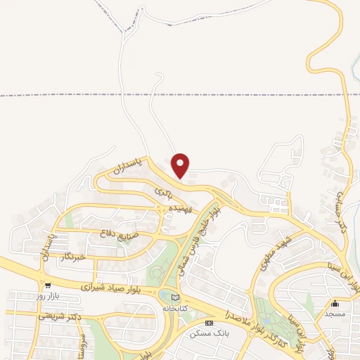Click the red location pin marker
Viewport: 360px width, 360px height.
[x=181, y=166]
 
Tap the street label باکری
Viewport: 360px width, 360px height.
[x=163, y=190]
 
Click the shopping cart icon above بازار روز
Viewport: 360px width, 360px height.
[x=48, y=286]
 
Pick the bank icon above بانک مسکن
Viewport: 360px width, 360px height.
[x=208, y=322]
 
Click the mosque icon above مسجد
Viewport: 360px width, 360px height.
[x=335, y=304]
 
